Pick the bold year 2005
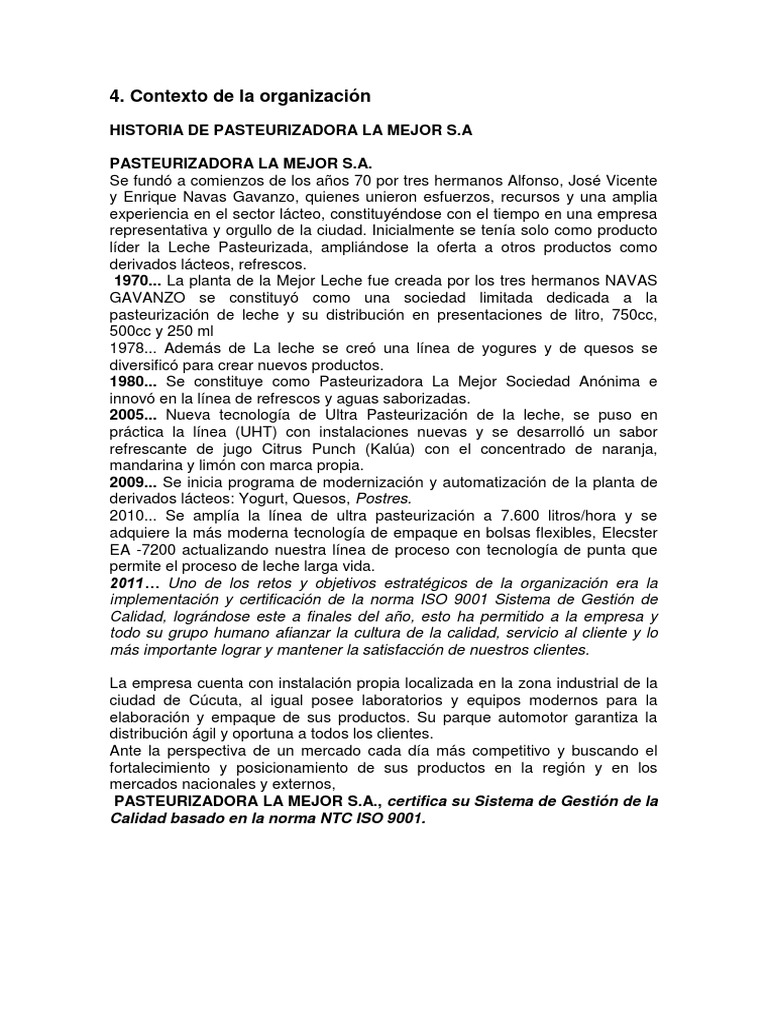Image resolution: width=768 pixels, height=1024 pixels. point(133,414)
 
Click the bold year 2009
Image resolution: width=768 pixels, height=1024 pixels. point(133,483)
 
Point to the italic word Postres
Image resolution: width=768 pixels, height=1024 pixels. point(383,500)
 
